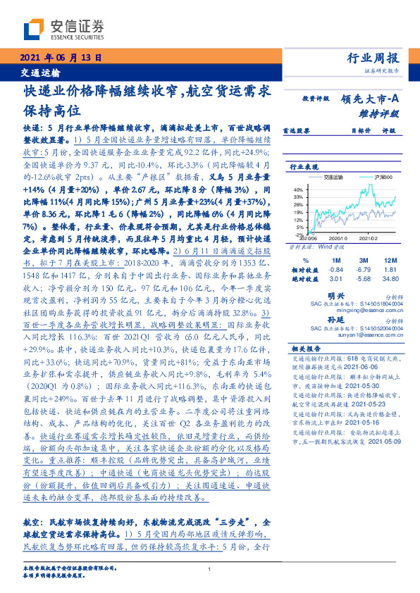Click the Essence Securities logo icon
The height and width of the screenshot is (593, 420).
click(x=35, y=30)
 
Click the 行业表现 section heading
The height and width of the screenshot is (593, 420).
click(x=302, y=167)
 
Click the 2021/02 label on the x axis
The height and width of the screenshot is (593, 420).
click(x=377, y=239)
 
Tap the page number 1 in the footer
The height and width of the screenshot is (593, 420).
click(x=210, y=570)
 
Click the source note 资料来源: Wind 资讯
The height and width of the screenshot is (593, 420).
click(x=313, y=248)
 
